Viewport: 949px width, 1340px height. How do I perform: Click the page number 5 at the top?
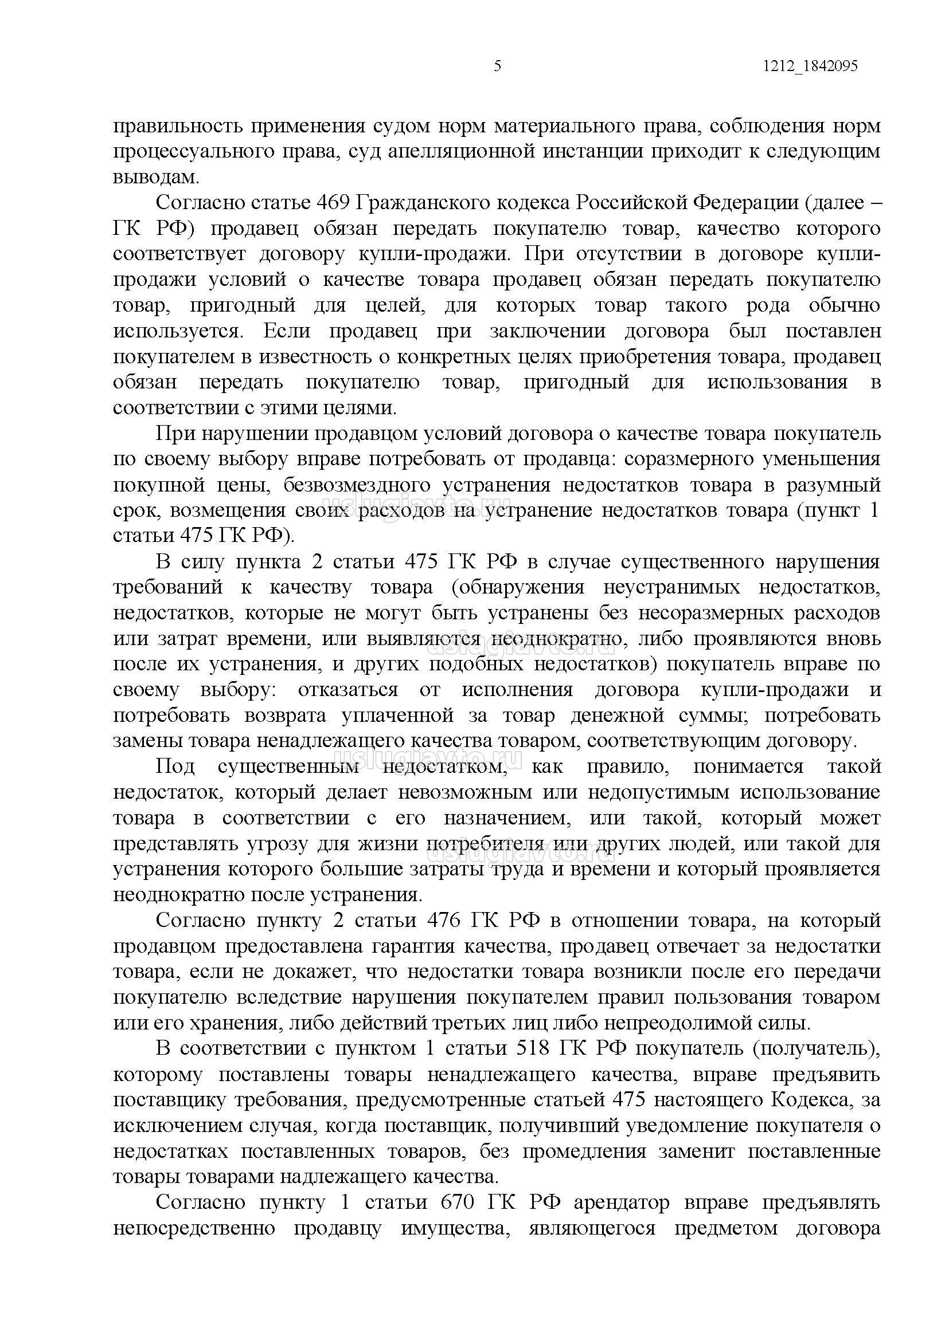[x=497, y=66]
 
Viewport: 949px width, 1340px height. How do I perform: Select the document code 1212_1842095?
[x=810, y=66]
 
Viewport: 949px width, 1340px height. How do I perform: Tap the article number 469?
[x=332, y=203]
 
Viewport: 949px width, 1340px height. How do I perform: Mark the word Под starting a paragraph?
[x=175, y=766]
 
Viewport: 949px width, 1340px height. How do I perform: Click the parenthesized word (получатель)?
[x=816, y=1048]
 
